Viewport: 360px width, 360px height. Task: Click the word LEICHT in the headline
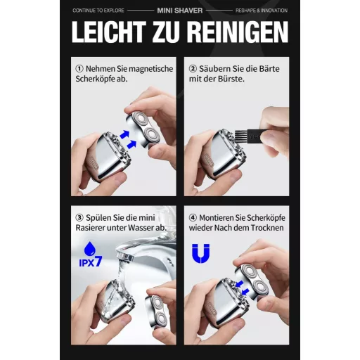pyautogui.click(x=109, y=32)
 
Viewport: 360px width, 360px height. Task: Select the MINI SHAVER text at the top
pyautogui.click(x=180, y=11)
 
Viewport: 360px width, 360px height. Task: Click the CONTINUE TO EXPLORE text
pyautogui.click(x=98, y=11)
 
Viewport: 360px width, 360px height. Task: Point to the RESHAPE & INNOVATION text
pyautogui.click(x=262, y=11)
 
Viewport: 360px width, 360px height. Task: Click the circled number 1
pyautogui.click(x=79, y=69)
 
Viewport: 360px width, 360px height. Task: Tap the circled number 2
pyautogui.click(x=193, y=69)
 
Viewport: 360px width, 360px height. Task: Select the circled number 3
pyautogui.click(x=79, y=217)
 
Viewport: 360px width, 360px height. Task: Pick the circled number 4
pyautogui.click(x=193, y=217)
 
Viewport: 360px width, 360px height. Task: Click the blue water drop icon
pyautogui.click(x=90, y=248)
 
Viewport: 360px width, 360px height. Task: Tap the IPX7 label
pyautogui.click(x=91, y=262)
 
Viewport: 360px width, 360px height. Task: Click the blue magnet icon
pyautogui.click(x=200, y=253)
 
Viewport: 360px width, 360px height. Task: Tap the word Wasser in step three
pyautogui.click(x=141, y=228)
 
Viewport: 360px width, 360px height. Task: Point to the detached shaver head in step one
pyautogui.click(x=143, y=129)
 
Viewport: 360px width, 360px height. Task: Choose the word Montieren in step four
pyautogui.click(x=217, y=218)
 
